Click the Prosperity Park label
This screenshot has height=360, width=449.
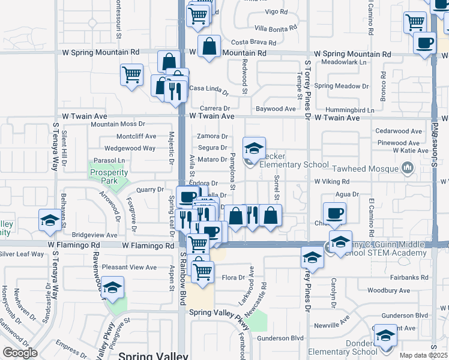click(109, 176)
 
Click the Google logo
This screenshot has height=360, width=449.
click(20, 352)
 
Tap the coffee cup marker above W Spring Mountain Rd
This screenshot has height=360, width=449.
click(425, 43)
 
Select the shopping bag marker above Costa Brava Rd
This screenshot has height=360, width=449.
click(209, 46)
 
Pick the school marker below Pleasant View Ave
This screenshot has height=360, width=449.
click(112, 287)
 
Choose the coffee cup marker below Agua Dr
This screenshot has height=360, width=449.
click(334, 213)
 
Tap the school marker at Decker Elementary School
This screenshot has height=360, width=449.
click(254, 148)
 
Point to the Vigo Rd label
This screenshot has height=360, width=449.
click(276, 12)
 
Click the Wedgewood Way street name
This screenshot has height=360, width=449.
click(130, 148)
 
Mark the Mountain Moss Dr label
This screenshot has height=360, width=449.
click(115, 124)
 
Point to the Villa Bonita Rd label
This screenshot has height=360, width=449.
click(276, 28)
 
